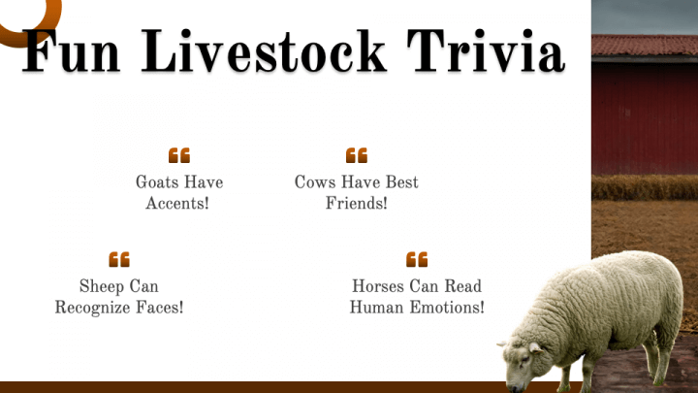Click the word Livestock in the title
264,51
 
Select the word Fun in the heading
71,51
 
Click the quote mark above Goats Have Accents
179,155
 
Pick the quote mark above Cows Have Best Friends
357,155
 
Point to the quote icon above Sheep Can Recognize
119,259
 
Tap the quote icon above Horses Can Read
417,259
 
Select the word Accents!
177,203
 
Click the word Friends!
356,203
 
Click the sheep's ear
535,347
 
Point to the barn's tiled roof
645,46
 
